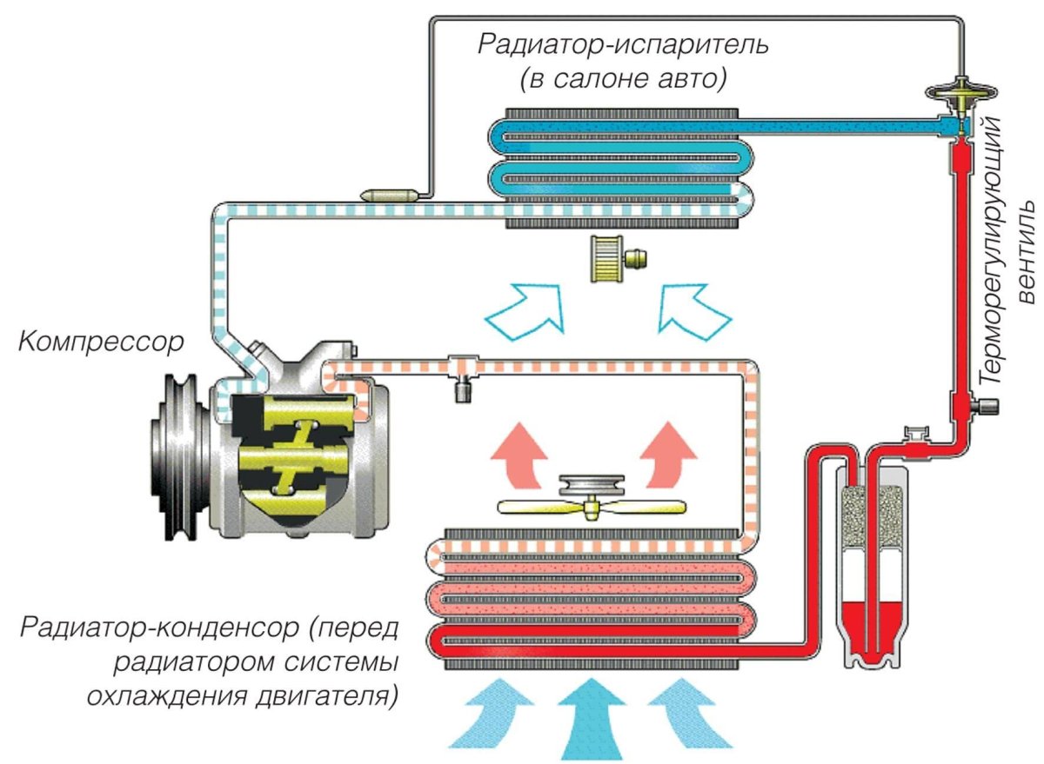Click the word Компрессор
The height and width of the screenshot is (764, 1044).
coord(101,340)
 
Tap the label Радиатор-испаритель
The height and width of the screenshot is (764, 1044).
coord(622,44)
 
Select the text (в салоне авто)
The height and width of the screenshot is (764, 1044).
coord(623,79)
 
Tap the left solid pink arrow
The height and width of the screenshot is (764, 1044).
coord(519,448)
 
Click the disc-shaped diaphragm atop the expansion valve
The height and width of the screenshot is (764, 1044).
coord(961,90)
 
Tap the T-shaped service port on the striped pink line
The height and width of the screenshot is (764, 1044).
coord(460,375)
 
